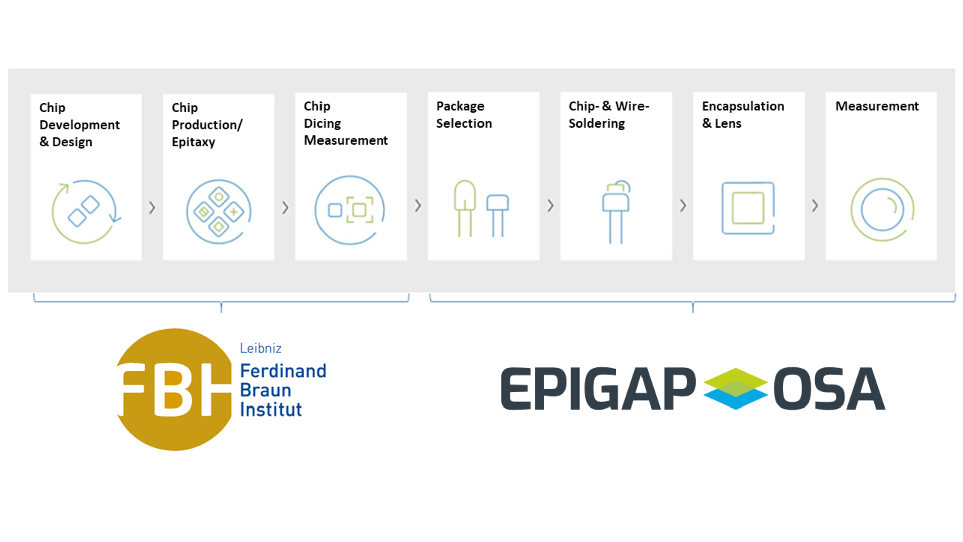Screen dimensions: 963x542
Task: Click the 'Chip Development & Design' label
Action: pos(79,124)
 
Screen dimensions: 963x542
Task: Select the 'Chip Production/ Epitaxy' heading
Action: pos(207,124)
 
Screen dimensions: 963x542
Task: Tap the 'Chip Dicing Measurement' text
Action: pos(346,123)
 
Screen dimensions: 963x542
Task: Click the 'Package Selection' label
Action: pos(464,115)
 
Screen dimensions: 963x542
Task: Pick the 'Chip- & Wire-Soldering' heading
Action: pos(608,115)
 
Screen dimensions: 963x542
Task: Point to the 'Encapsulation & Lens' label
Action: pos(743,115)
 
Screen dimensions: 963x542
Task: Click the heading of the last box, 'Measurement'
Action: pos(877,106)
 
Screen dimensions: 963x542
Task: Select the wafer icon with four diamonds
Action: pos(219,212)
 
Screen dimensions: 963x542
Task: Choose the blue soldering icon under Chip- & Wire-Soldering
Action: pos(616,212)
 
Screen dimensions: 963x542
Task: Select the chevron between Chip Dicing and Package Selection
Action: pos(418,205)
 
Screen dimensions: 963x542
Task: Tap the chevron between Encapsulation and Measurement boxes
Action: pos(815,205)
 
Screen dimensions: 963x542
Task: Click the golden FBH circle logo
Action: pos(174,389)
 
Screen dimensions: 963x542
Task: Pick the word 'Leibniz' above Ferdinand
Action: pos(260,348)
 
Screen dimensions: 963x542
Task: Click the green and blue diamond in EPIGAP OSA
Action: pos(735,388)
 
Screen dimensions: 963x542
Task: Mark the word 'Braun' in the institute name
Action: pos(265,390)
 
